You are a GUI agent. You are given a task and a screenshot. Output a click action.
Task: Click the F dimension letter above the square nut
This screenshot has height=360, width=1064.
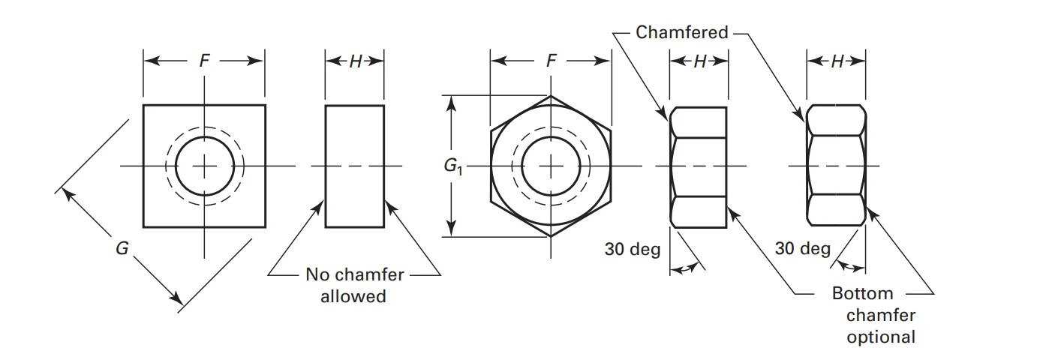pos(204,61)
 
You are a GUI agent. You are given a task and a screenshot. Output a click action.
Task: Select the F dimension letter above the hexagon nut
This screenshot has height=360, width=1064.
pos(551,61)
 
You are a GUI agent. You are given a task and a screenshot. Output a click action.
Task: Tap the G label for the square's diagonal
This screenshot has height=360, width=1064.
pos(122,248)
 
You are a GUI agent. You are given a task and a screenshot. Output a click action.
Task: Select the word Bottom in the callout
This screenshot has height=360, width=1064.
pos(862,293)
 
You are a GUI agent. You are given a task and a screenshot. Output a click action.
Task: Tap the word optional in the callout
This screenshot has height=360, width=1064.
pos(881,337)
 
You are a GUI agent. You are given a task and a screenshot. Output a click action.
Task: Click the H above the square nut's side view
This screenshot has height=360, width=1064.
pos(355,61)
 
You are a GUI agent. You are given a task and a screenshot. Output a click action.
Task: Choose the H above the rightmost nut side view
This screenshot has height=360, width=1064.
pos(837,61)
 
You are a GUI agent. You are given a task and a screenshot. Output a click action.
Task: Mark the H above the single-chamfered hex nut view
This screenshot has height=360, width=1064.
pos(699,61)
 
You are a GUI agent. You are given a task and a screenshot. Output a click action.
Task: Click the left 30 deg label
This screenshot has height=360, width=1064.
pos(633,248)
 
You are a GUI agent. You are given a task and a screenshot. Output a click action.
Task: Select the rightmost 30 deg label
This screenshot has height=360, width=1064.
pos(802,248)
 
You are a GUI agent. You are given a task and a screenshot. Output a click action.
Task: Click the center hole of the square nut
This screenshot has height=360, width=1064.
pos(204,166)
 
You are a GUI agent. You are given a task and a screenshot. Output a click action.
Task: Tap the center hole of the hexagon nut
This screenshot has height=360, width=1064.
pos(551,166)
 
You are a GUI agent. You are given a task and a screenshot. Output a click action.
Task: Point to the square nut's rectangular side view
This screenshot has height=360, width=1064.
pos(355,166)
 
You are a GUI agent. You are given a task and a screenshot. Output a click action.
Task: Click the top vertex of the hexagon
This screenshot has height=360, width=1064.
pos(551,96)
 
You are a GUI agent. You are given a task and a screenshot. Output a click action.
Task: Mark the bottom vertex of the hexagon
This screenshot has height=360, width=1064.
pos(551,236)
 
